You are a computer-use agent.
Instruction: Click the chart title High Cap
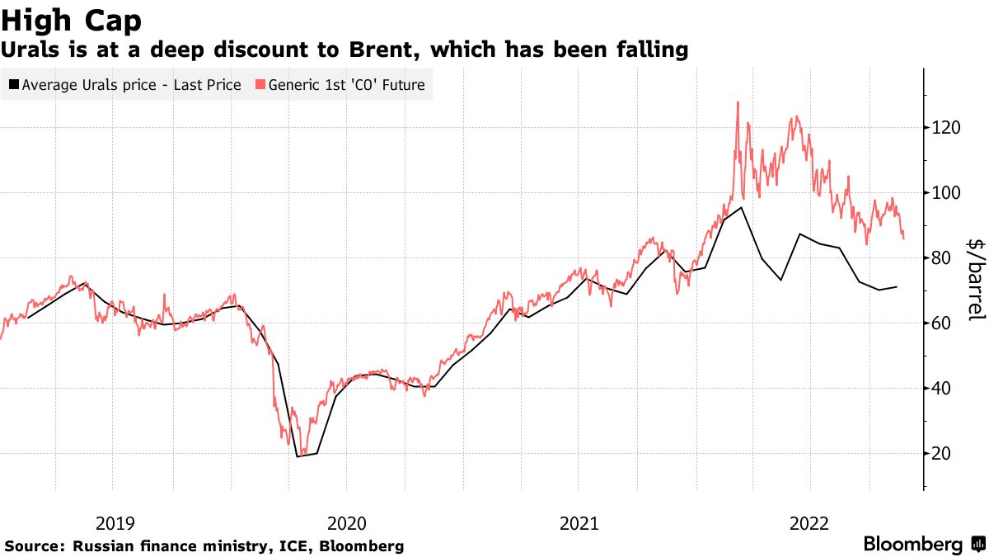72,19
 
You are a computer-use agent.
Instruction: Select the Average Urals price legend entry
131,85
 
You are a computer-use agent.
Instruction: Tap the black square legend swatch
13,85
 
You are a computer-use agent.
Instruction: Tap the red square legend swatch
260,85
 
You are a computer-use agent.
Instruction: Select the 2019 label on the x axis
115,522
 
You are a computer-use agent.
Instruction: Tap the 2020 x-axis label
346,522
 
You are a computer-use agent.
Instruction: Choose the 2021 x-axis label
578,522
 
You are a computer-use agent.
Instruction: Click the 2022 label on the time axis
809,522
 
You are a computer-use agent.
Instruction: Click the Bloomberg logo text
912,545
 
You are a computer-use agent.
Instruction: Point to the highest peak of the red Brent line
738,102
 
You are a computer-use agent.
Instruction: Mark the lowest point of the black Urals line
298,456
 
